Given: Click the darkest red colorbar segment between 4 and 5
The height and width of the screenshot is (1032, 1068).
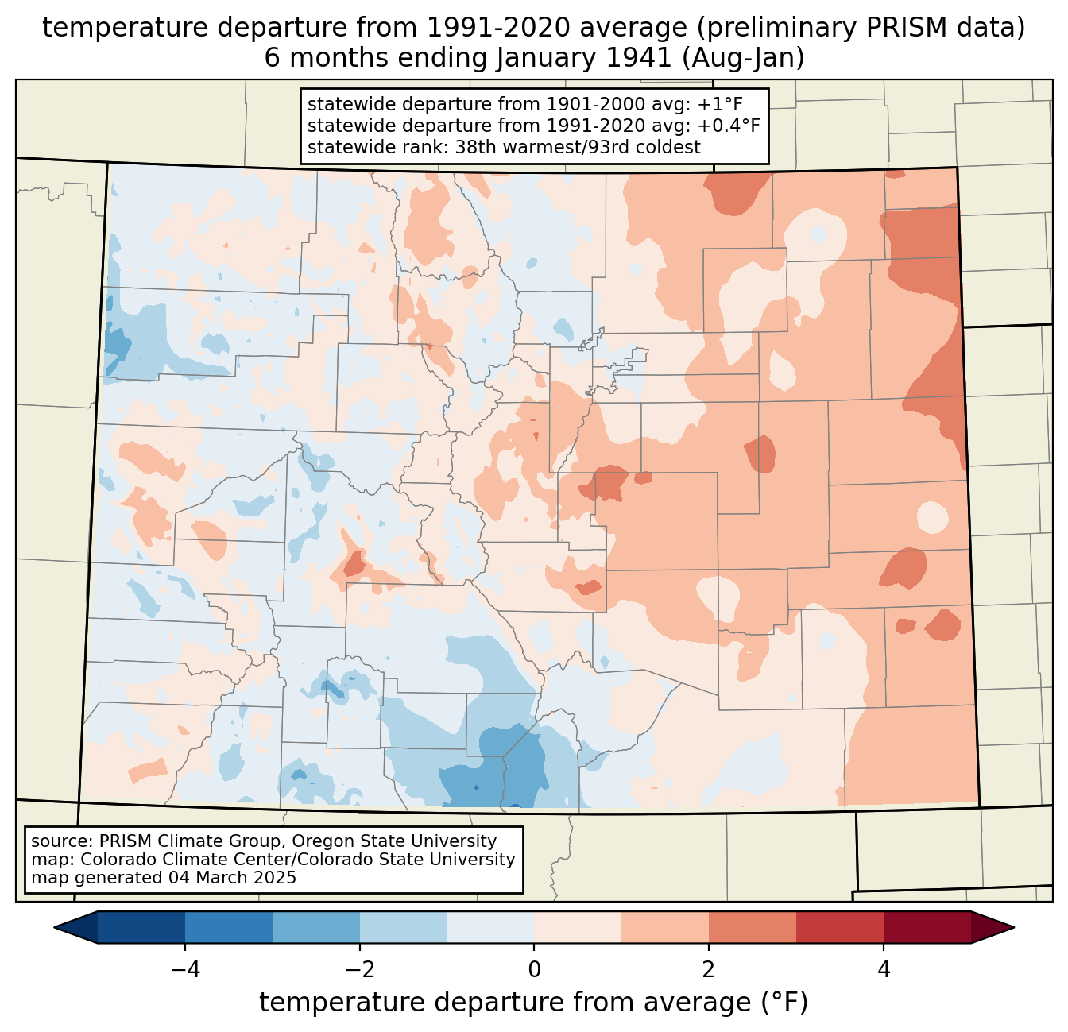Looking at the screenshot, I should point(927,927).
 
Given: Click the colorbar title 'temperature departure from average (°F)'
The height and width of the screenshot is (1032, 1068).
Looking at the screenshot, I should point(534,1003).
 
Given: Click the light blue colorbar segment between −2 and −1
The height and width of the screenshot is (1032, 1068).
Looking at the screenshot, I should point(403,927).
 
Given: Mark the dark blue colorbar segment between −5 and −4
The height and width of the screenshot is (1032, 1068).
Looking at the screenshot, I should point(141,927).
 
